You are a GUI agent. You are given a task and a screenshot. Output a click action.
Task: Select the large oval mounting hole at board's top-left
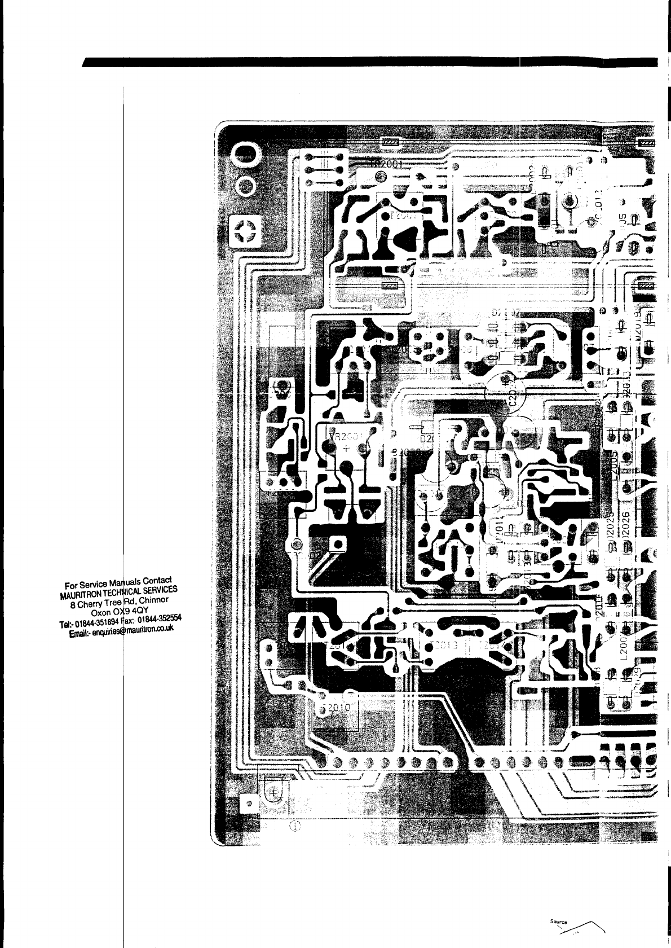(246, 154)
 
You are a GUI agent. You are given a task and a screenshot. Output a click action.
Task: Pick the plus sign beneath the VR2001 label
(345, 447)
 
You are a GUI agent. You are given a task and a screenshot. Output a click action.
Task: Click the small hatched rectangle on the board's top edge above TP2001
(390, 143)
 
